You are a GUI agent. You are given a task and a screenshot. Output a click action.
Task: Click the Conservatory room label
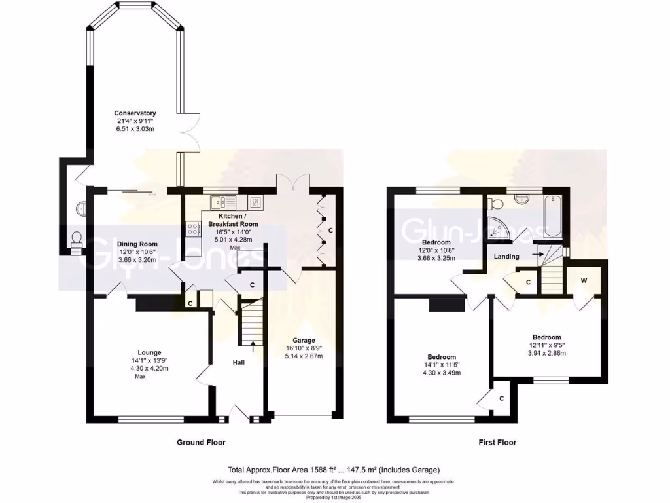(x=134, y=112)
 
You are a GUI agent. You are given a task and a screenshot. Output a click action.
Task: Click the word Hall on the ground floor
(x=239, y=362)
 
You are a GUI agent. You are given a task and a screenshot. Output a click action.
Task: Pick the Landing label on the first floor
(x=507, y=256)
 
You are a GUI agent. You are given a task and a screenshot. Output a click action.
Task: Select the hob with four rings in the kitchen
(x=194, y=229)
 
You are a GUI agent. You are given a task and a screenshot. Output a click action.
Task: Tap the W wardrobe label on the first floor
(x=584, y=280)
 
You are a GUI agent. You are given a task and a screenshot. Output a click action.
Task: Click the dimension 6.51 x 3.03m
(x=134, y=129)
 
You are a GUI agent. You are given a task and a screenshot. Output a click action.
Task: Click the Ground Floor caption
(x=201, y=442)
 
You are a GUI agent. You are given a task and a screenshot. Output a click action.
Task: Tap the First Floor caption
(x=496, y=442)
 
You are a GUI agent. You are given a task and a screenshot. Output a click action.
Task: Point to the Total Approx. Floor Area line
(x=334, y=470)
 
